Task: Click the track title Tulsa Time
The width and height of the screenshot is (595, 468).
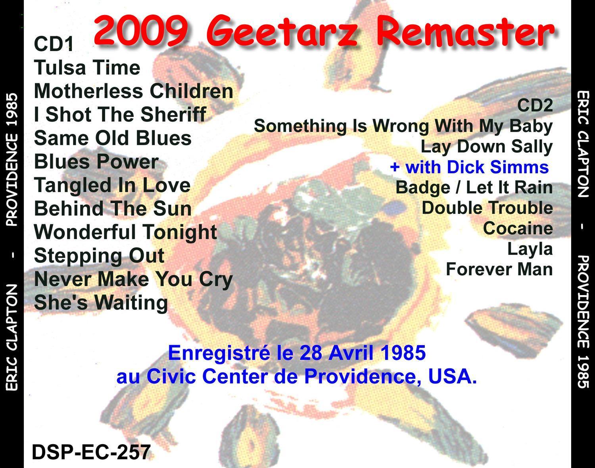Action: click(87, 67)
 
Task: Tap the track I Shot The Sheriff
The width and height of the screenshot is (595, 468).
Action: click(120, 115)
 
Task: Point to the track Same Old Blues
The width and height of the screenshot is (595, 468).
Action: click(113, 138)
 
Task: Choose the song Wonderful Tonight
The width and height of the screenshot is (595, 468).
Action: click(125, 232)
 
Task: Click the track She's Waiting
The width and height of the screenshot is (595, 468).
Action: click(101, 303)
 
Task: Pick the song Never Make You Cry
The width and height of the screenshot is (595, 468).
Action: click(134, 279)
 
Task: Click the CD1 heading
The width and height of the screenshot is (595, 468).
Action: click(54, 44)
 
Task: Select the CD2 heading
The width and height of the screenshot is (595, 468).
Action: click(535, 105)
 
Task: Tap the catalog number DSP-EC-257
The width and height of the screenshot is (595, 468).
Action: click(91, 453)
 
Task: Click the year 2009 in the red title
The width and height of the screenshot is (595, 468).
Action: click(141, 32)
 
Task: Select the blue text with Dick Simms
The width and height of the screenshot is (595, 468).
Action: click(469, 167)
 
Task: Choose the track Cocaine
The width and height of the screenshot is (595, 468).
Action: click(518, 228)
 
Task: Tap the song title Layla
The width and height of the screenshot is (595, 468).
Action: click(530, 249)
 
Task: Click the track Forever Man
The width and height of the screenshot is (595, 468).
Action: click(499, 269)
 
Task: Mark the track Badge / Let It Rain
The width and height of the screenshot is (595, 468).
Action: click(474, 188)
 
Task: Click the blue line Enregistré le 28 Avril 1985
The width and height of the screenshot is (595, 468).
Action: click(297, 353)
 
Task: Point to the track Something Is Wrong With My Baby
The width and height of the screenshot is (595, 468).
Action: click(403, 127)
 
